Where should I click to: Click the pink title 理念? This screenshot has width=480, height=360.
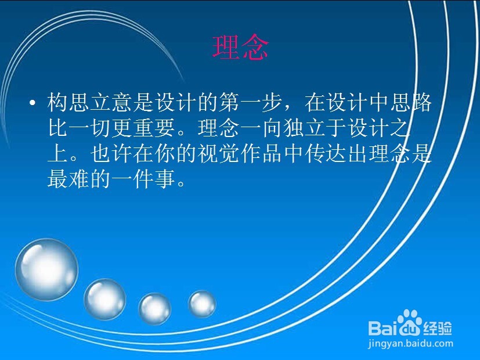click(241, 48)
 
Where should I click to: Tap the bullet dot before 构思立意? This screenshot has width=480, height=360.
click(32, 103)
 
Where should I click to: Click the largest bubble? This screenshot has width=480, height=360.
click(46, 269)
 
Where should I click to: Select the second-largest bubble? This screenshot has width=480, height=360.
click(104, 299)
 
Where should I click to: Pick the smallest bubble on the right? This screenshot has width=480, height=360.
click(202, 304)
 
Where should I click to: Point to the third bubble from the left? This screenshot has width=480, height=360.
click(154, 308)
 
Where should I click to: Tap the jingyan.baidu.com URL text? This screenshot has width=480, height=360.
click(410, 344)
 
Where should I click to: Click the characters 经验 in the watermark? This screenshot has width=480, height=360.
click(437, 329)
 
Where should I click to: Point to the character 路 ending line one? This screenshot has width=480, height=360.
click(421, 102)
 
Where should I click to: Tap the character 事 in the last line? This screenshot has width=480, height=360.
click(165, 178)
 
